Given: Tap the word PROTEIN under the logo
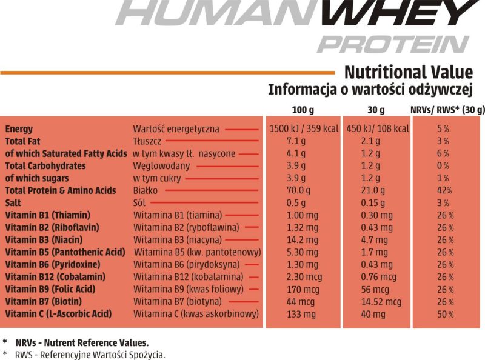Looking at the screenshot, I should click(393, 44).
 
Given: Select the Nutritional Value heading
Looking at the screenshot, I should click(408, 72).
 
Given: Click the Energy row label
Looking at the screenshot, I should click(19, 129).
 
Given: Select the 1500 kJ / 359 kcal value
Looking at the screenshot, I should click(303, 129).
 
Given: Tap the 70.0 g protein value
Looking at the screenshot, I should click(298, 191).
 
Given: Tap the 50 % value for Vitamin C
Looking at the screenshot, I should click(444, 314).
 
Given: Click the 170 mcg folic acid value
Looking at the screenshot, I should click(299, 289).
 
